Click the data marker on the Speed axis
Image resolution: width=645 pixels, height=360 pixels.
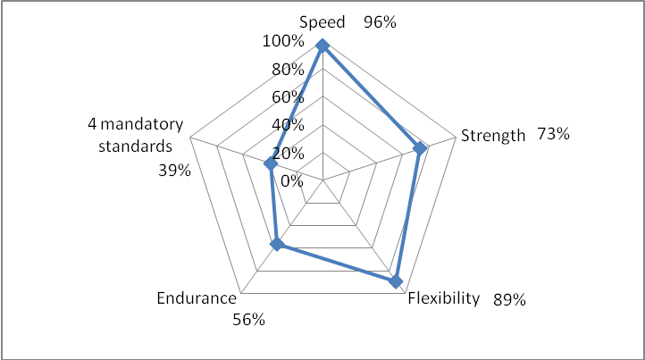point(322,46)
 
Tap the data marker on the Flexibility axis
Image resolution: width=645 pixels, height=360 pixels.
point(396,281)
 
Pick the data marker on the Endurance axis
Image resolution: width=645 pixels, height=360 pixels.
point(277,244)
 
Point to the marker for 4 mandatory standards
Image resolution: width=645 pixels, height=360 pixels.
point(270,163)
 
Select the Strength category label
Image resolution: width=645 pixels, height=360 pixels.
point(492,136)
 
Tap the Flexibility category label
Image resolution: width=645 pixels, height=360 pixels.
point(444,298)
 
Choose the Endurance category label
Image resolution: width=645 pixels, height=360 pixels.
point(197,298)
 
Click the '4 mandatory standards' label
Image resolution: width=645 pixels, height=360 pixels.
point(135,134)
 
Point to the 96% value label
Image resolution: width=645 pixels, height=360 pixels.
point(380,22)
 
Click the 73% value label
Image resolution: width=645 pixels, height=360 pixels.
point(553,135)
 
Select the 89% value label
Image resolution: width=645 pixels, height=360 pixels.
point(508,299)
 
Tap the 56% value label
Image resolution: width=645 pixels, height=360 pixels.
point(247,320)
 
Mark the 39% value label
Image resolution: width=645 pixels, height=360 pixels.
point(173,170)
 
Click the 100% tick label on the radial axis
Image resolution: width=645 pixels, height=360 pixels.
point(282,42)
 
